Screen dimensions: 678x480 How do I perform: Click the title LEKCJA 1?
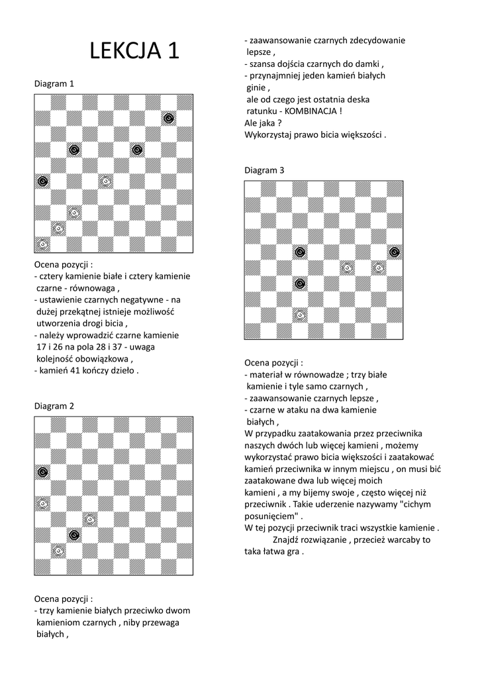click(x=134, y=51)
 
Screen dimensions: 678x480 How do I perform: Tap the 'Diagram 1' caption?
click(x=54, y=84)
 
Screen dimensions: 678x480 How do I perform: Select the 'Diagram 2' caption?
click(x=54, y=406)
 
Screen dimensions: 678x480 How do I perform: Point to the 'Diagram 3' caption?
click(x=264, y=170)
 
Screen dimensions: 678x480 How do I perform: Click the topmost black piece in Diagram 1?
click(x=169, y=118)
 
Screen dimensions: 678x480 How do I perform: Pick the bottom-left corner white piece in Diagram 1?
click(x=42, y=244)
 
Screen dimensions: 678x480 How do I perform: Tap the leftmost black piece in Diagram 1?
click(x=42, y=181)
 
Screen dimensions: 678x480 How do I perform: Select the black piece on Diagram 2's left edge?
click(x=42, y=471)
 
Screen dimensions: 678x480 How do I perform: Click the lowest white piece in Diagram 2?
click(x=58, y=550)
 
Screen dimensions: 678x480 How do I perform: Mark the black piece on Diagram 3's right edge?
click(x=395, y=252)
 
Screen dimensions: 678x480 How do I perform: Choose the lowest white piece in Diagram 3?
click(x=299, y=315)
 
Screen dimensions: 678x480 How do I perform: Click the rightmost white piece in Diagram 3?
click(x=379, y=267)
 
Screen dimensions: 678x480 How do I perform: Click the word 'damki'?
click(x=369, y=64)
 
